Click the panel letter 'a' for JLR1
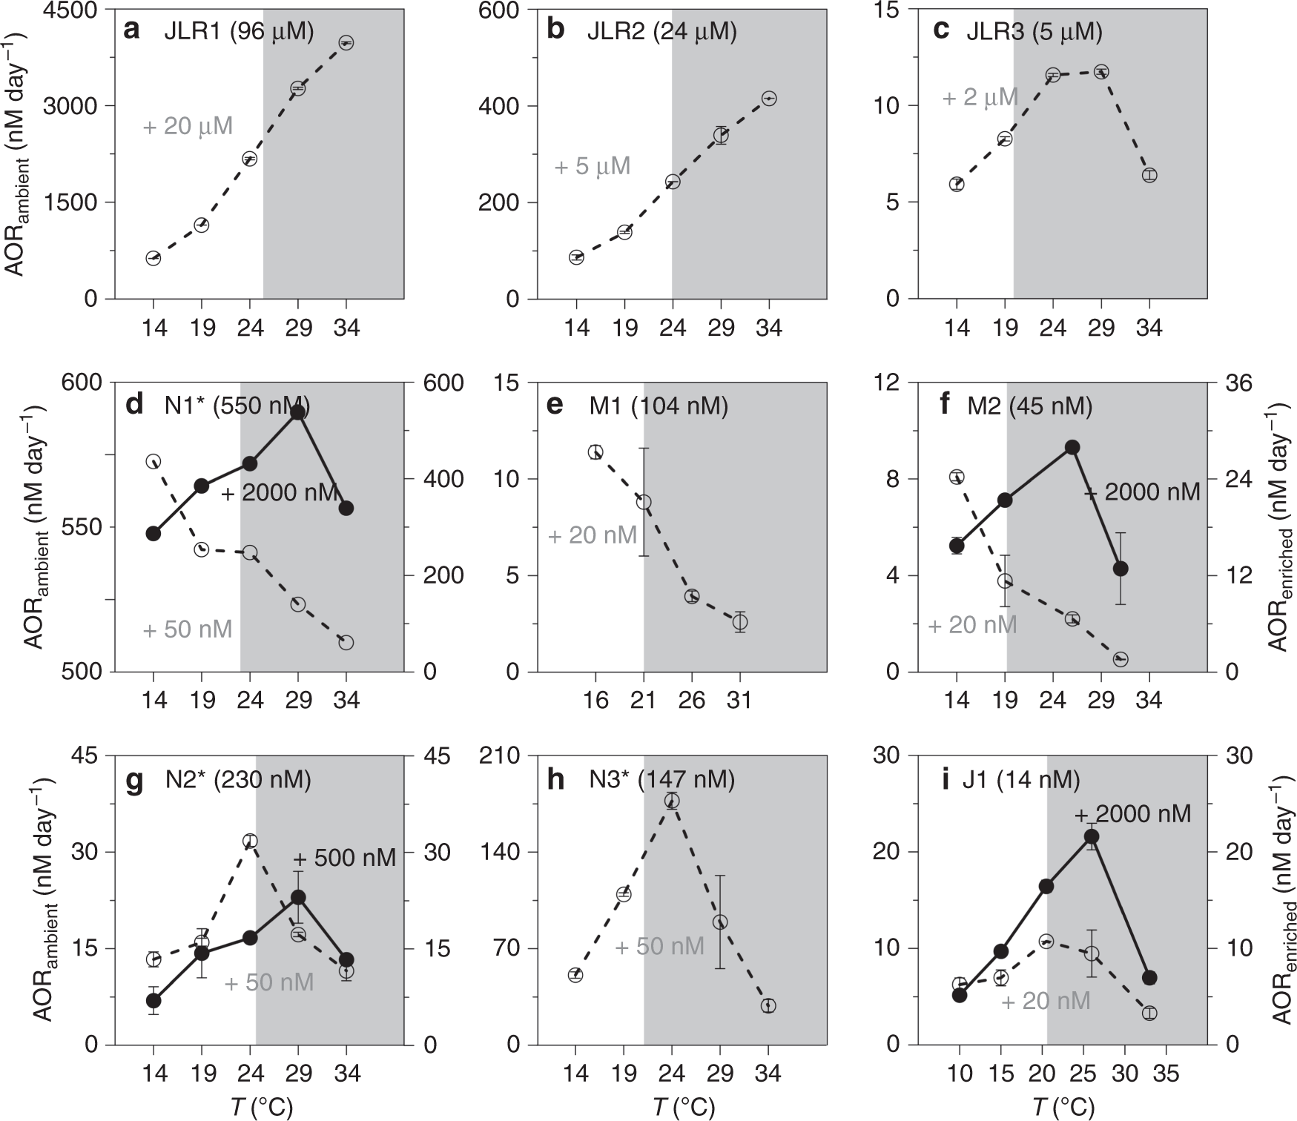133,30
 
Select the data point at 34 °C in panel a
346,43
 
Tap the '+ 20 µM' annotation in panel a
188,126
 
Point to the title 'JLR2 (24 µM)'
661,31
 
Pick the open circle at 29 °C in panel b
720,135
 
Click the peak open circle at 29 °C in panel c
1101,72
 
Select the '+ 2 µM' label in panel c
980,97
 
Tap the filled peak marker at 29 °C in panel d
298,412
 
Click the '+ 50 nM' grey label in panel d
188,629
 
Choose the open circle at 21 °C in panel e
644,502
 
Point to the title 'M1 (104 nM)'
659,406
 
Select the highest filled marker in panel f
1072,447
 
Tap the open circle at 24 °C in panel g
250,841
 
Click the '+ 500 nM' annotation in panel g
344,858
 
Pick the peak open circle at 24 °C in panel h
672,801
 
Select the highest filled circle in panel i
1091,836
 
